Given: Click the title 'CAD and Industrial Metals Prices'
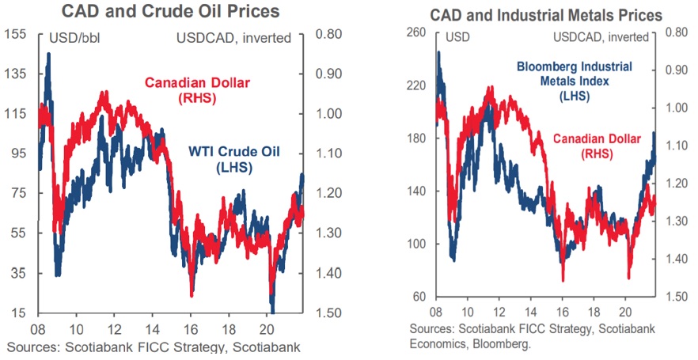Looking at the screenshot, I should [546, 16].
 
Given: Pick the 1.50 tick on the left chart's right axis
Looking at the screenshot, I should [328, 313].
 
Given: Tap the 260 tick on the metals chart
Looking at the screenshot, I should [416, 32].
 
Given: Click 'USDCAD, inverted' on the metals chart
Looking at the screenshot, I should [604, 36].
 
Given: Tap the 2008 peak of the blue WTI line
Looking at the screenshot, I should [48, 54].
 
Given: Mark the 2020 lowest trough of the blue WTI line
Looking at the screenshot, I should [272, 310].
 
